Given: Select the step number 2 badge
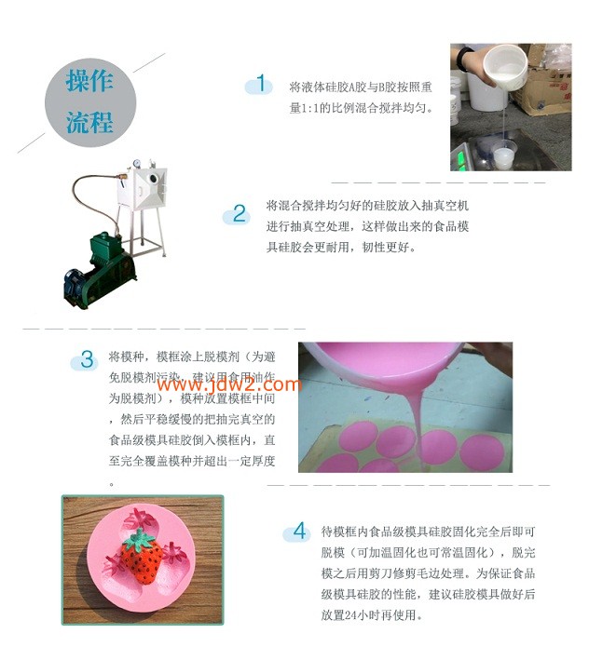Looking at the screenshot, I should pyautogui.click(x=240, y=214).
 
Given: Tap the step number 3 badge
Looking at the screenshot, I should pyautogui.click(x=87, y=359).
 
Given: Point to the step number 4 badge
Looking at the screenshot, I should pyautogui.click(x=299, y=532).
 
